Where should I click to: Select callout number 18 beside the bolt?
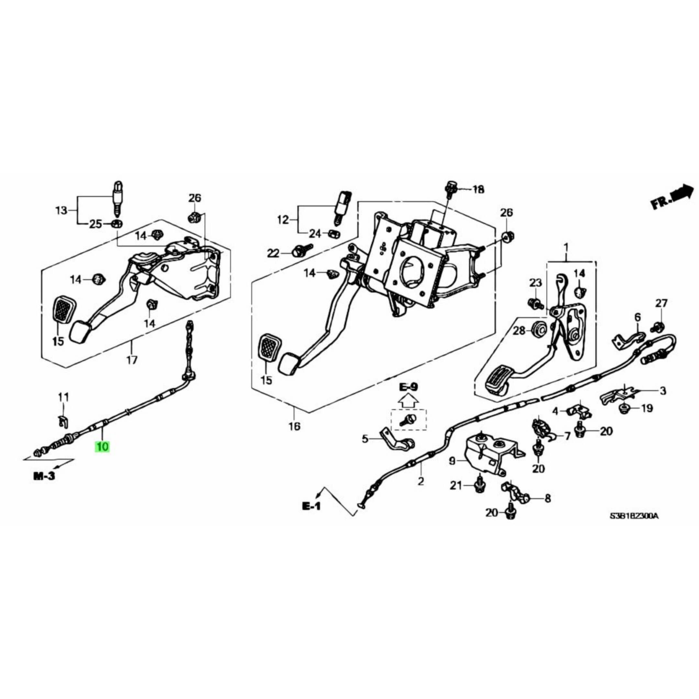pos(478,189)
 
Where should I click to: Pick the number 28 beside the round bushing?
pos(519,331)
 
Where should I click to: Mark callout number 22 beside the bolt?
pos(273,254)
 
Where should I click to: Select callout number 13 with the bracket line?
pos(61,210)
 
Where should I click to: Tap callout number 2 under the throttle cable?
pos(421,481)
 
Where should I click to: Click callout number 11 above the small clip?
pos(63,398)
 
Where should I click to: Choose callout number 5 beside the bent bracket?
pos(365,439)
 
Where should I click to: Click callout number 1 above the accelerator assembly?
pos(566,249)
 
